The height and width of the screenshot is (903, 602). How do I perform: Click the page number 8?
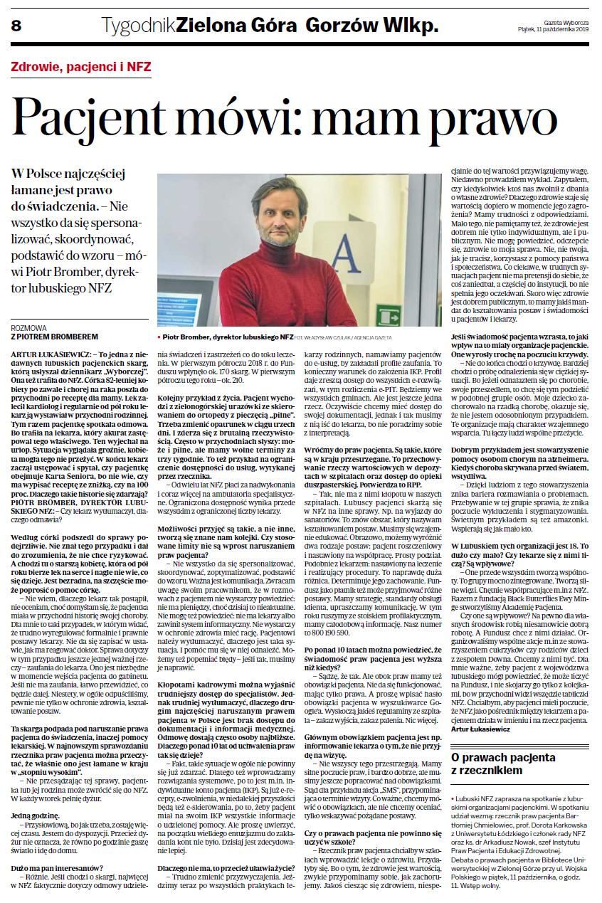tap(16, 26)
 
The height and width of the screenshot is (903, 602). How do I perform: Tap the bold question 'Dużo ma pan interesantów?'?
tap(55, 867)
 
